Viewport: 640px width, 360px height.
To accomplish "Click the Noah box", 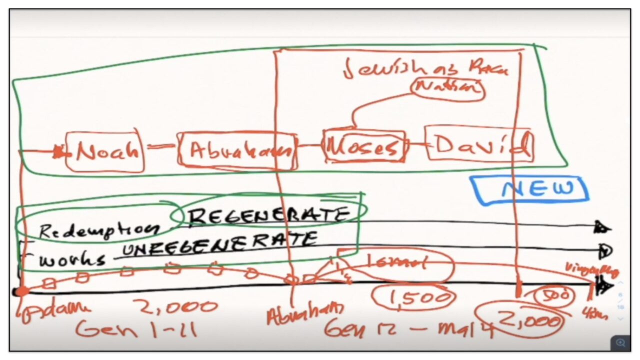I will pyautogui.click(x=105, y=151).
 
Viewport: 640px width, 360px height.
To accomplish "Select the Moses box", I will pyautogui.click(x=363, y=146).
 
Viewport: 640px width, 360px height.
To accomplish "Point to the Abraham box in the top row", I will pyautogui.click(x=236, y=149).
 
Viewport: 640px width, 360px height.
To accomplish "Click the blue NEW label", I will pyautogui.click(x=536, y=189).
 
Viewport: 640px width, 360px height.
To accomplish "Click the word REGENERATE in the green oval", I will pyautogui.click(x=267, y=215).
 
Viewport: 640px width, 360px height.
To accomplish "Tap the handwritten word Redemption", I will pyautogui.click(x=97, y=229).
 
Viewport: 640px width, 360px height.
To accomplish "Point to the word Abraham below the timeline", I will pyautogui.click(x=305, y=313).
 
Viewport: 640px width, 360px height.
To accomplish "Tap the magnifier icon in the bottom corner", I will pyautogui.click(x=620, y=342).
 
